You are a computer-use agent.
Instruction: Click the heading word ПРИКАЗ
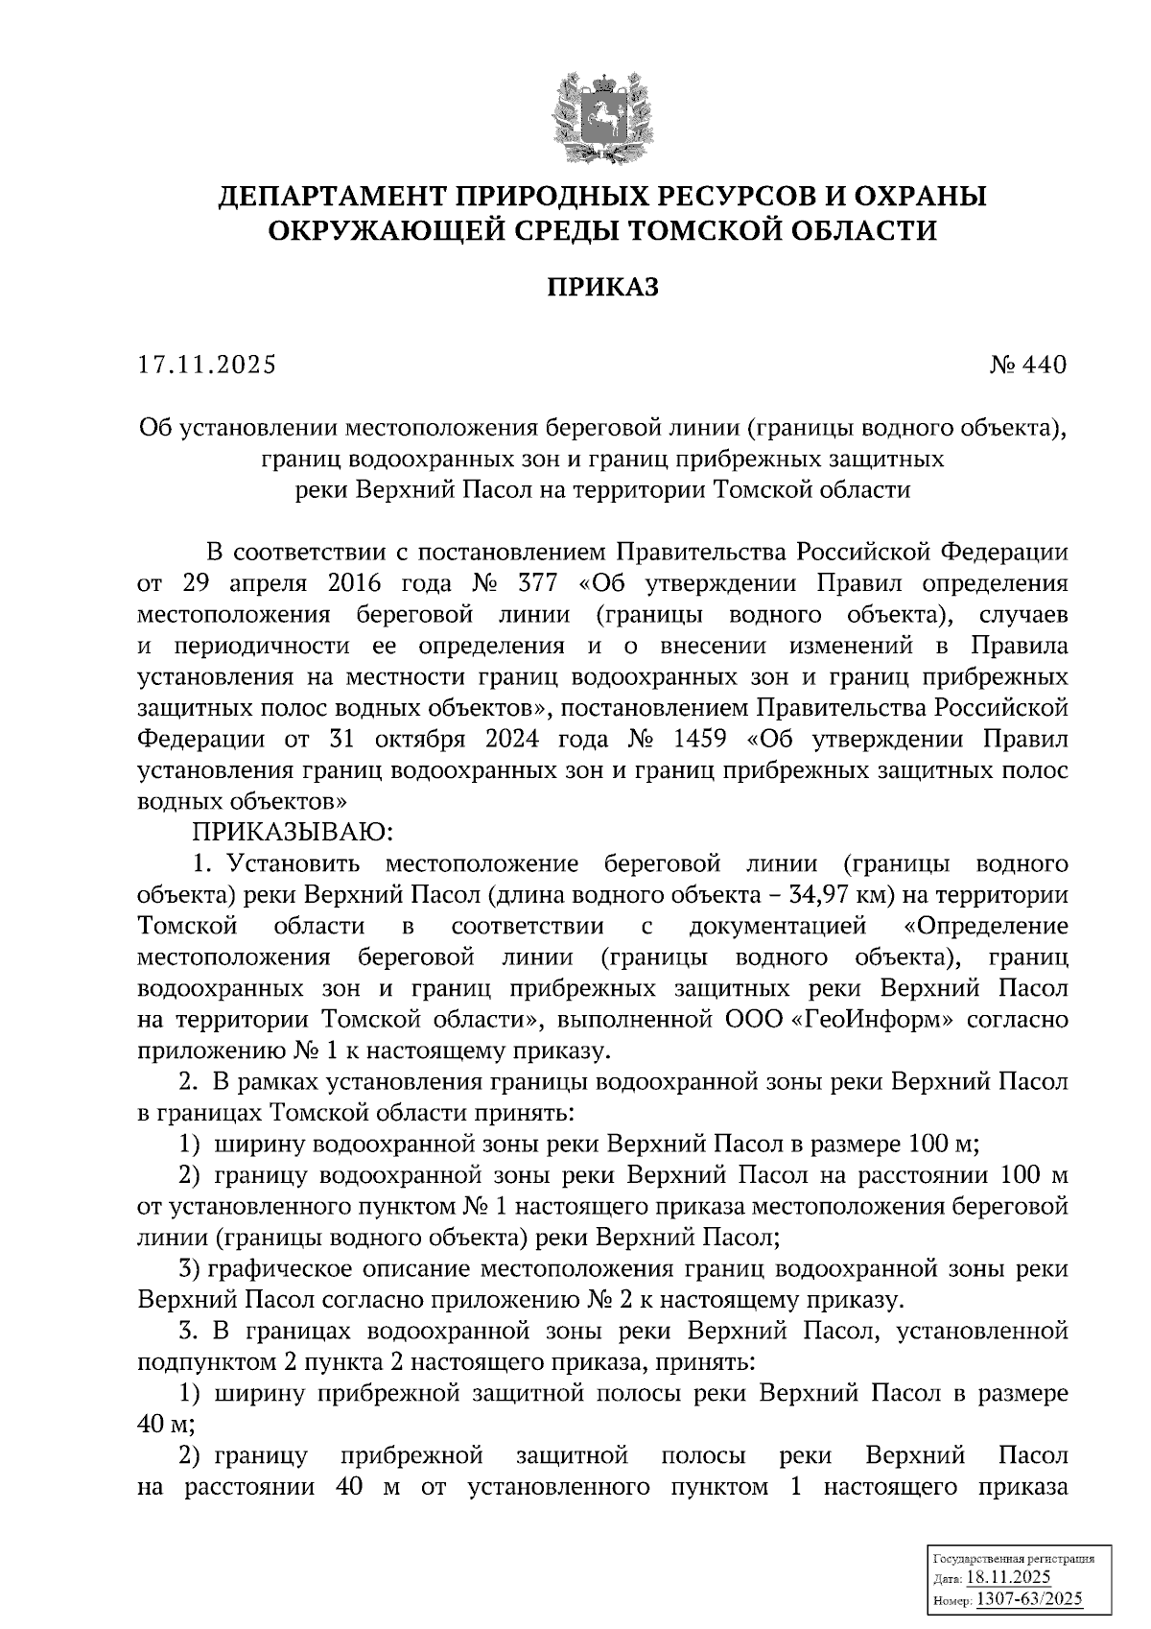(x=602, y=288)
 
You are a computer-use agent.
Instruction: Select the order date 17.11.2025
(x=206, y=366)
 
